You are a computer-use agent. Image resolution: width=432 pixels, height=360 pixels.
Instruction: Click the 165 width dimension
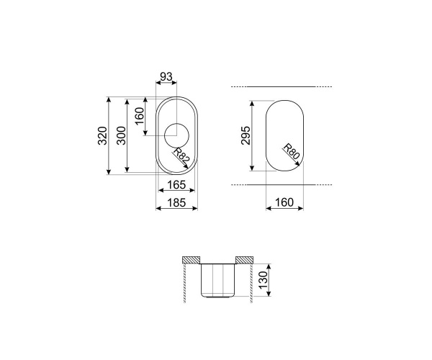coord(176,186)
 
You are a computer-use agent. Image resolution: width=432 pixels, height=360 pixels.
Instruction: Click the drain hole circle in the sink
coord(176,135)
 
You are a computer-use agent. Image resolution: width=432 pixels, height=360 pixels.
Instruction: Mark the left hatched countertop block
coord(191,259)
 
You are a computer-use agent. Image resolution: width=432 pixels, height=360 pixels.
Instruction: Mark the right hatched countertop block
coord(243,259)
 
